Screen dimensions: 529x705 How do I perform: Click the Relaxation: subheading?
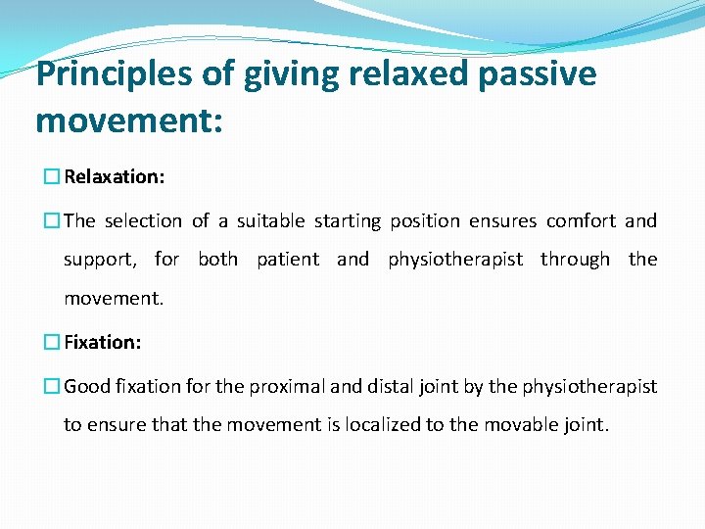point(114,177)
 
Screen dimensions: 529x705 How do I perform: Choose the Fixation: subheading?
point(103,342)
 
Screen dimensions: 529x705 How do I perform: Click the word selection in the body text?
point(143,221)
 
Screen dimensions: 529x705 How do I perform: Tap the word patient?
point(288,260)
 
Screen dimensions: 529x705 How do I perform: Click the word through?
point(576,260)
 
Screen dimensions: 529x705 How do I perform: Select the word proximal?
point(286,386)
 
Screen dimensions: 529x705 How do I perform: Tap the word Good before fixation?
point(87,386)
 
